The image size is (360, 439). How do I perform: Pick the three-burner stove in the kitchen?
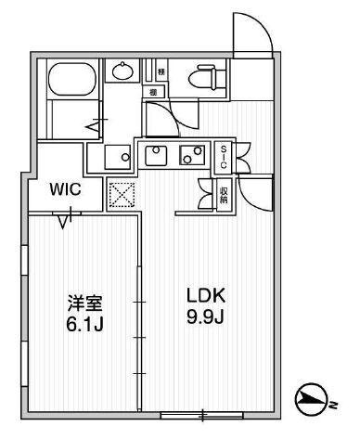[x=193, y=155]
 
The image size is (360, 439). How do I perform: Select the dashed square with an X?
[x=122, y=193]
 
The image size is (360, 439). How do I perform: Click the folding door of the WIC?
[x=65, y=219]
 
